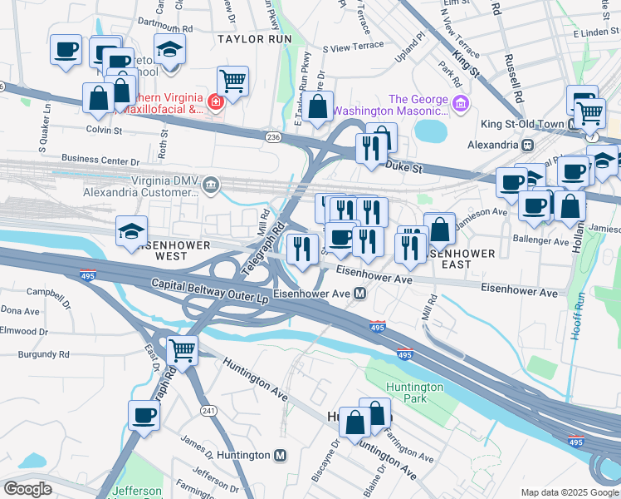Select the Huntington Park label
pos(414,393)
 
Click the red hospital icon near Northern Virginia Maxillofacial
pos(215,102)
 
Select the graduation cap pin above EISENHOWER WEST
pos(132,231)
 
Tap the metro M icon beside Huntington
pos(281,456)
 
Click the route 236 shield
pos(273,136)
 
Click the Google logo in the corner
pos(27,488)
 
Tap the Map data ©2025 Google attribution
pos(569,492)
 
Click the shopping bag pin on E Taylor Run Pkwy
pos(318,106)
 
